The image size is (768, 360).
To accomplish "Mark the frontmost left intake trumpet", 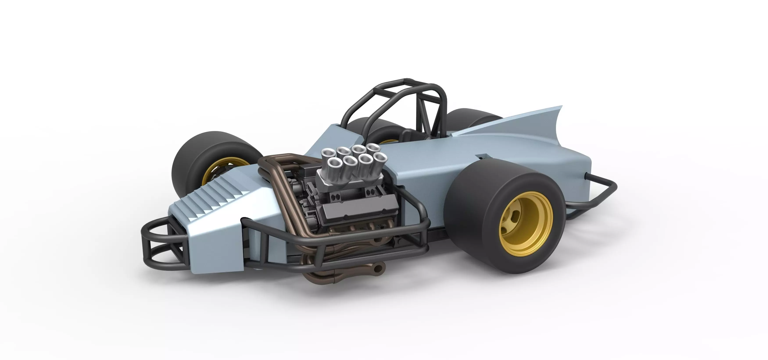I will tap(333, 163).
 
